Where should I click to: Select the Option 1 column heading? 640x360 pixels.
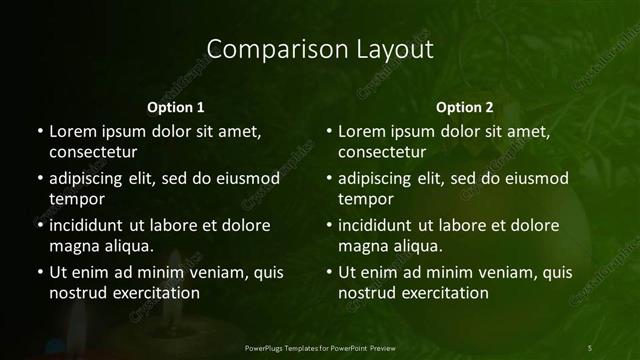175,107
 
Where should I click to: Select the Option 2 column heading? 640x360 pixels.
465,107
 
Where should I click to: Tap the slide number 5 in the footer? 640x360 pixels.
589,347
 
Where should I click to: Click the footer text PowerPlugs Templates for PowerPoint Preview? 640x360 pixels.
320,347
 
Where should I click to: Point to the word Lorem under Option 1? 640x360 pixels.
74,131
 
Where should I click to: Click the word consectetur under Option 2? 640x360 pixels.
382,152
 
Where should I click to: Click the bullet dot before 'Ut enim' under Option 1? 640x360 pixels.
39,272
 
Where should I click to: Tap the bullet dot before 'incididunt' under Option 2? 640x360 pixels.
329,225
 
